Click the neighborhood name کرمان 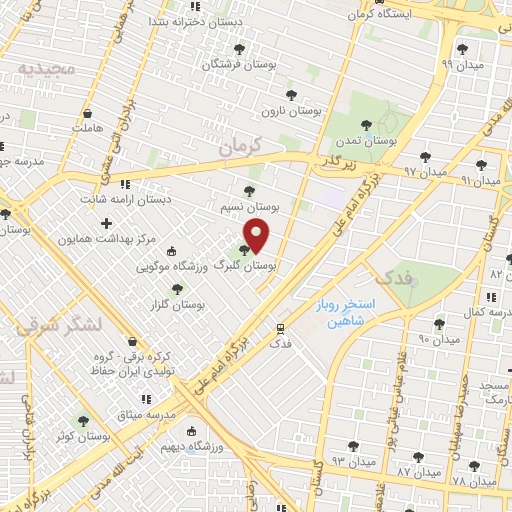click(x=238, y=145)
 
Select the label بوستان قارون click(x=291, y=111)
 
